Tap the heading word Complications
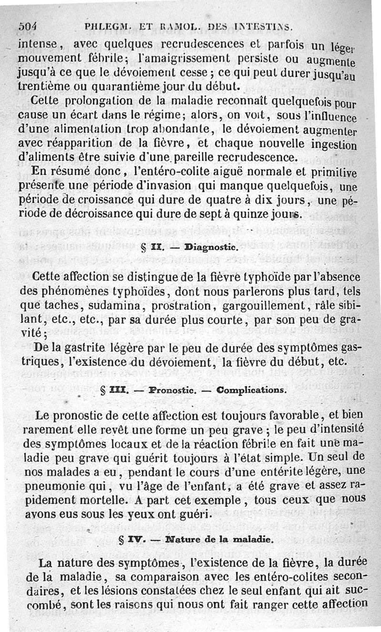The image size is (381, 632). [251, 390]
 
